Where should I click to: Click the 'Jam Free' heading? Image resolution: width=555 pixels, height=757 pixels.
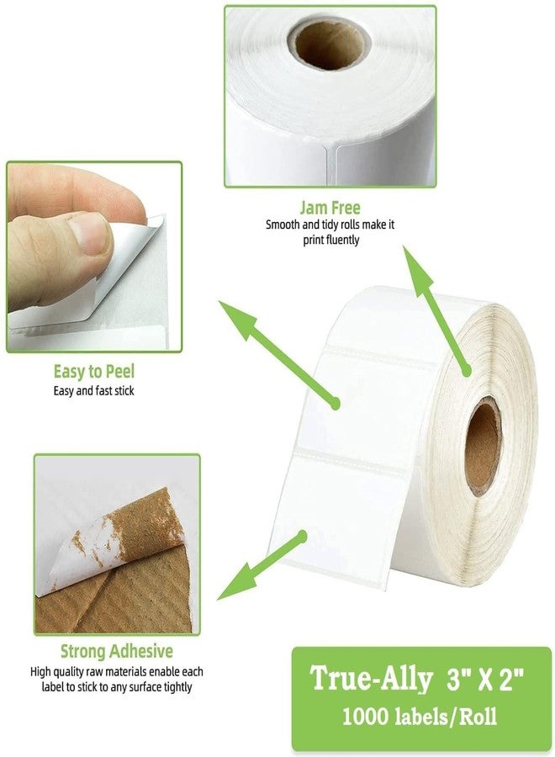(330, 208)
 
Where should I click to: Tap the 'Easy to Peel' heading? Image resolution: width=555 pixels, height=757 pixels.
(93, 371)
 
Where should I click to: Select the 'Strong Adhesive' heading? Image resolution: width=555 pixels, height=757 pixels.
(116, 651)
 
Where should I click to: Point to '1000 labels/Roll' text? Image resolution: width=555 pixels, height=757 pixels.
(418, 717)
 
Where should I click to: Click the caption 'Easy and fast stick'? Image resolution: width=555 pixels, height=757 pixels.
(93, 391)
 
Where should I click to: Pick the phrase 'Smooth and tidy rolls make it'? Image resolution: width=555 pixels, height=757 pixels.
(330, 225)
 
